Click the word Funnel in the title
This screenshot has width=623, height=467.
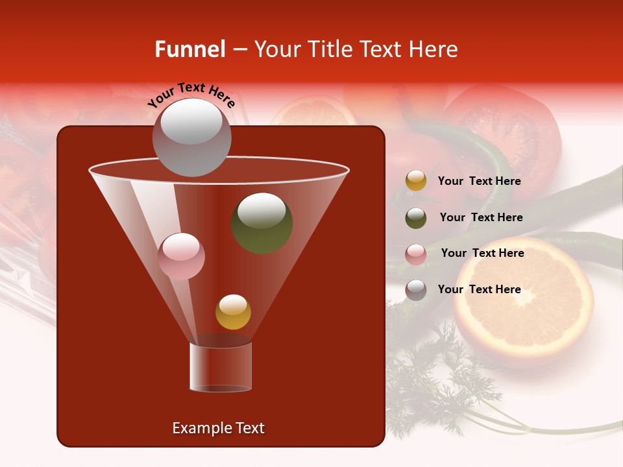click(x=190, y=49)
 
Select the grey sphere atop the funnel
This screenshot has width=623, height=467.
click(x=191, y=137)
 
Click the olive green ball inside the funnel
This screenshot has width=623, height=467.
click(x=262, y=222)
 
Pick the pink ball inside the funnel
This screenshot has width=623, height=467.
click(x=181, y=256)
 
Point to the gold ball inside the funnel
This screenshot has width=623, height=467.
click(x=233, y=311)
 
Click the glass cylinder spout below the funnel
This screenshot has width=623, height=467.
click(x=220, y=367)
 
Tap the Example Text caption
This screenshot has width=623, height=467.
click(x=218, y=428)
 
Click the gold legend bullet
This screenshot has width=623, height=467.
click(x=416, y=181)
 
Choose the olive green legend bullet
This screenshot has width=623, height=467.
click(x=416, y=218)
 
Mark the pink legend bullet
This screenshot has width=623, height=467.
click(x=416, y=254)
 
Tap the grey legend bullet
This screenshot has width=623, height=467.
click(x=416, y=290)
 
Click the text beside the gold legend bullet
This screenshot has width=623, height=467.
click(x=479, y=181)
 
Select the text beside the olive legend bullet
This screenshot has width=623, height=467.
click(x=481, y=217)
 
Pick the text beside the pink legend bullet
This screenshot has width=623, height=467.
click(x=482, y=253)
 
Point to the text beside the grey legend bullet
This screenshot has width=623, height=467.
click(x=479, y=289)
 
